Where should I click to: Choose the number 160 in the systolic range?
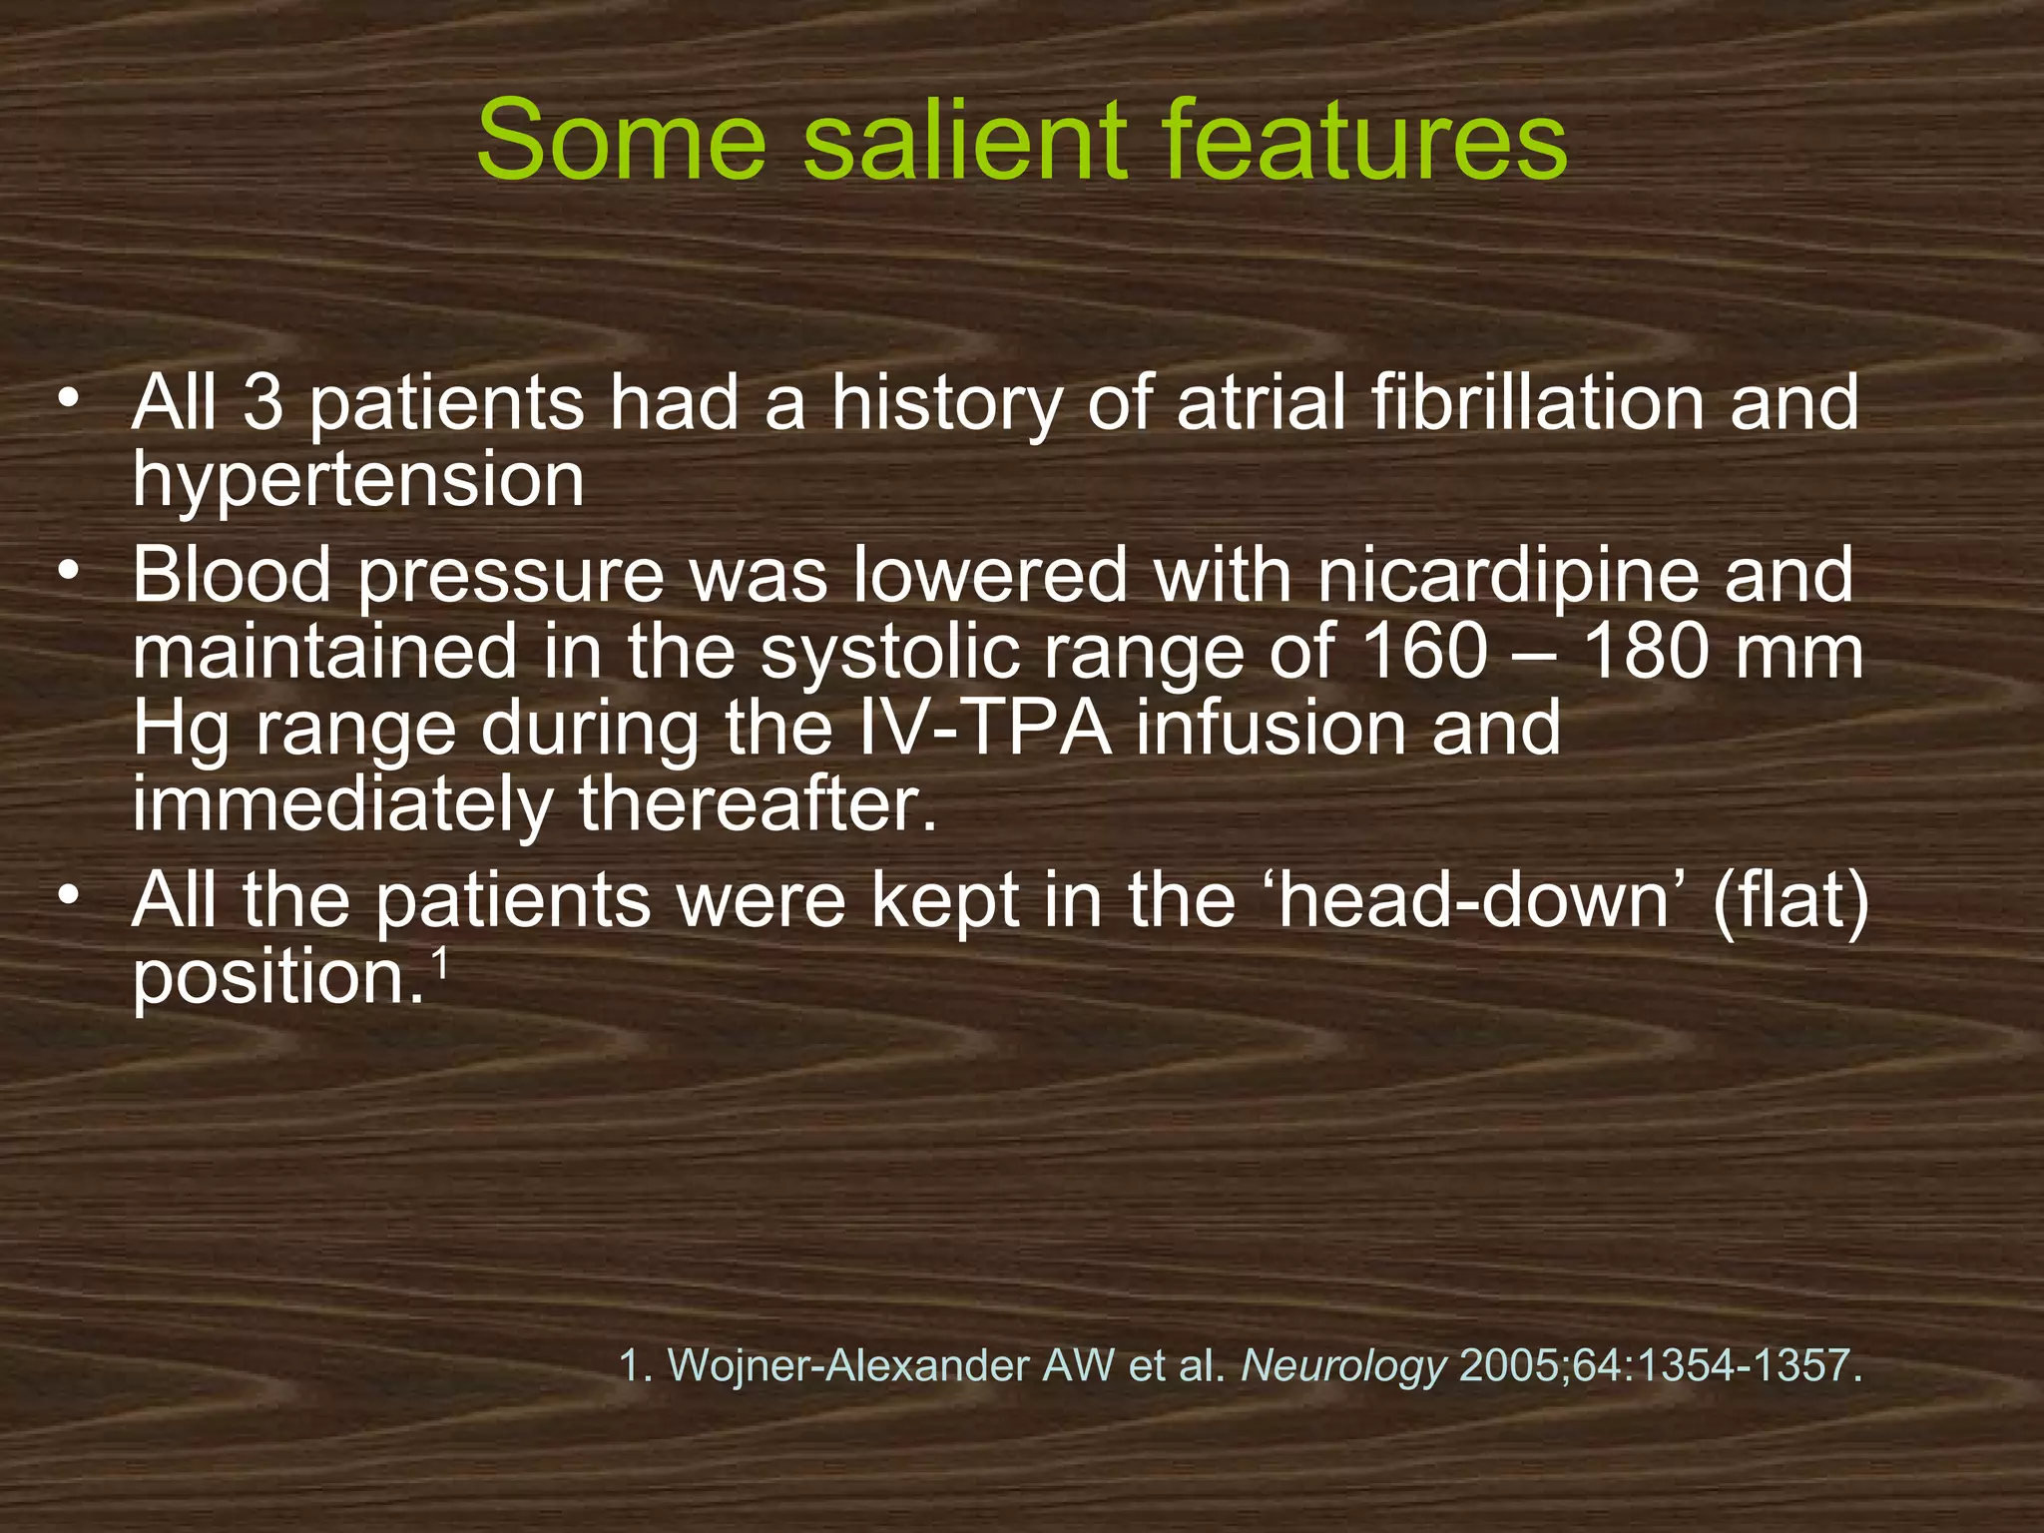pos(1424,653)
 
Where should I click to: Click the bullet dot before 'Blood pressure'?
pos(67,572)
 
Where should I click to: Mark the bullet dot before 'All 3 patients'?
pos(67,399)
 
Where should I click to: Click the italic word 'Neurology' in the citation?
pos(1342,1364)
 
